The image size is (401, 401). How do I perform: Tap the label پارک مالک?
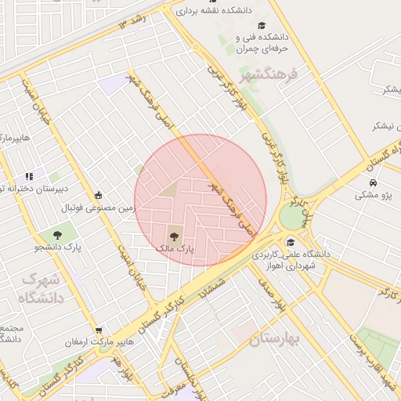click(175, 247)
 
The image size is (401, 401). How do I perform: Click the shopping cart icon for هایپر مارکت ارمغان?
click(98, 331)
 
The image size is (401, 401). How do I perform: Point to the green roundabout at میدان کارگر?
click(291, 216)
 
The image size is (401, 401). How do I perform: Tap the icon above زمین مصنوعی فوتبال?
click(98, 195)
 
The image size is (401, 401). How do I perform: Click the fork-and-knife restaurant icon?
click(29, 176)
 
